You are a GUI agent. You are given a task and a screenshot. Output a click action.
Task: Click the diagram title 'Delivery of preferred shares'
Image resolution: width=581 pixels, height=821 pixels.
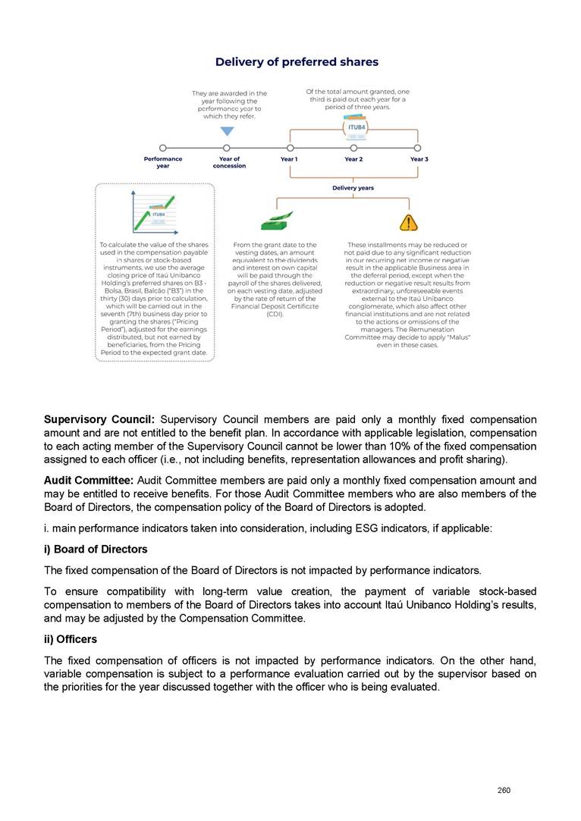[x=297, y=61]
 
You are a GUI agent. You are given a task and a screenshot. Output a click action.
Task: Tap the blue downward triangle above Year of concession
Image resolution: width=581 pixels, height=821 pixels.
[x=227, y=131]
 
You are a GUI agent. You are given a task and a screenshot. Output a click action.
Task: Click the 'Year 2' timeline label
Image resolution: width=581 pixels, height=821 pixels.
[x=353, y=159]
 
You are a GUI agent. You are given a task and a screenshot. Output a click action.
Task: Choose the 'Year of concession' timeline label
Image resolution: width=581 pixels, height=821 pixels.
[x=229, y=162]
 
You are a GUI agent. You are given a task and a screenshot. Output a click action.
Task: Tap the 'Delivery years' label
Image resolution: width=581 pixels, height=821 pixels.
[x=353, y=187]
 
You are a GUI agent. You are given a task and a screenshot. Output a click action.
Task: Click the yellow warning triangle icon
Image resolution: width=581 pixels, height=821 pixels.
[x=409, y=222]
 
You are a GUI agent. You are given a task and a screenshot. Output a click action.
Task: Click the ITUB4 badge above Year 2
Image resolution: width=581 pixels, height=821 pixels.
[x=356, y=128]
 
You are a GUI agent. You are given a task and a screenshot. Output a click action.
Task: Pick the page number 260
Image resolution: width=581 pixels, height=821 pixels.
[x=504, y=791]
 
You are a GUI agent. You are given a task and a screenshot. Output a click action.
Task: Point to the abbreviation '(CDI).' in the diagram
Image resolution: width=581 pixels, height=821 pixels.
[x=275, y=313]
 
